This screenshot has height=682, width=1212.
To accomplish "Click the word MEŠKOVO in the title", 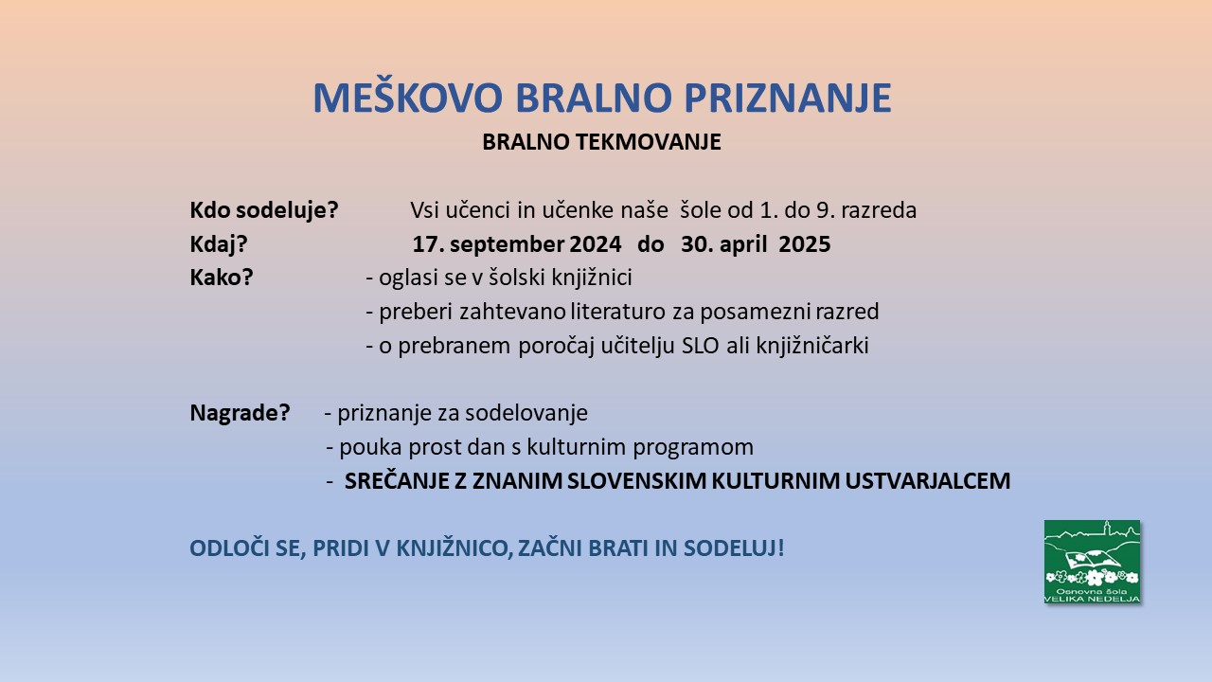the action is click(408, 97).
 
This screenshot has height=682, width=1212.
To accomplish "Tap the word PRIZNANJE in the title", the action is click(788, 98).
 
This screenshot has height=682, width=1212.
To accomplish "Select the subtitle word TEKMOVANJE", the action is click(648, 142).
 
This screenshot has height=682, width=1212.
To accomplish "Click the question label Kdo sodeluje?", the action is click(264, 210).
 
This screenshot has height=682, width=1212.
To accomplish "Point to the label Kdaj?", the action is click(219, 244).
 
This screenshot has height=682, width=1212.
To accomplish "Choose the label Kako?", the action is click(222, 278).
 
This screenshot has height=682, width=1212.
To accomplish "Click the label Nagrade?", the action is click(240, 413).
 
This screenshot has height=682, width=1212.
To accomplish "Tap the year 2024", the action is click(596, 244).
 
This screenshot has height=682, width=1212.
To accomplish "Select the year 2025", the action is click(805, 244).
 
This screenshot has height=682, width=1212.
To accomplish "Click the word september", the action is click(507, 244).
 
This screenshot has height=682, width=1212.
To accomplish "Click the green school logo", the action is click(1092, 562).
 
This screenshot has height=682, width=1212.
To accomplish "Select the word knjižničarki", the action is click(812, 346).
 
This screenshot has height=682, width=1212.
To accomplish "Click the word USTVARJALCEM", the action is click(927, 481).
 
